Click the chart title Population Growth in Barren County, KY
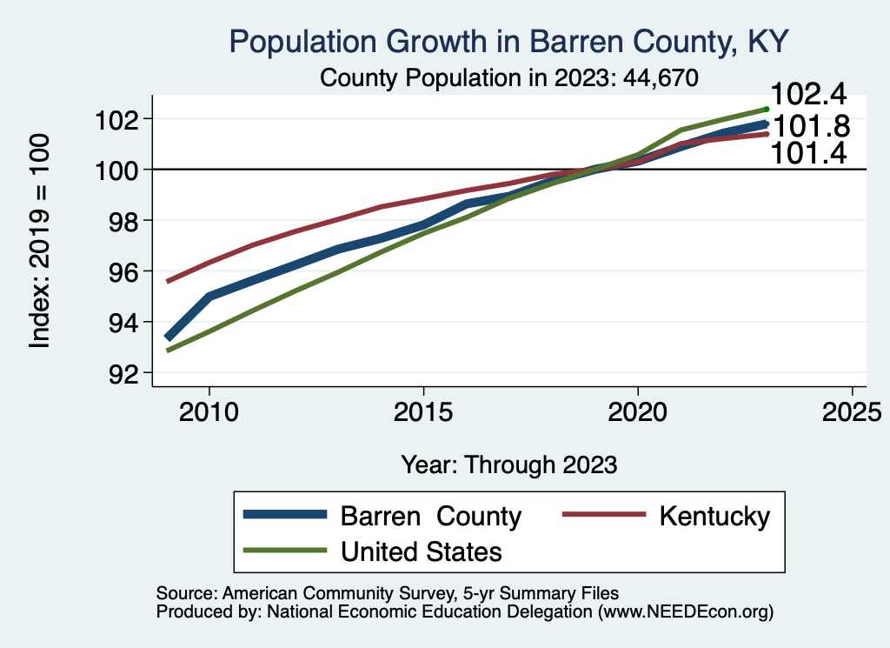508,41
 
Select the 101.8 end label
811,127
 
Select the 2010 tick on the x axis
209,411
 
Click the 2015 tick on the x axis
423,411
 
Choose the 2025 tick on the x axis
852,411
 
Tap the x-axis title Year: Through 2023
508,464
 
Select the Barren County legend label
430,516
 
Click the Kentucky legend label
714,516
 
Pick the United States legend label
422,551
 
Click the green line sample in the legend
287,551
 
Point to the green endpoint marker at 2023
767,109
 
